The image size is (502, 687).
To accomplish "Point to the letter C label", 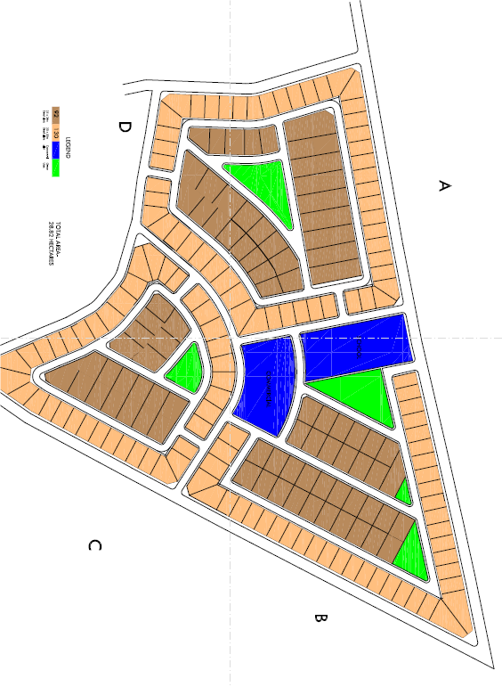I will pos(94,544).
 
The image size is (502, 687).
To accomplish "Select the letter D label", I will pos(124,127).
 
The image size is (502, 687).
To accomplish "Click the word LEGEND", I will pos(67,147).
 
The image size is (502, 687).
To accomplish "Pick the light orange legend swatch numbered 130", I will pos(55,133).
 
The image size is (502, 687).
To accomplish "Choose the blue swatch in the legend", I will pos(55,151).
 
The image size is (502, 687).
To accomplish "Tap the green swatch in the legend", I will pos(55,168).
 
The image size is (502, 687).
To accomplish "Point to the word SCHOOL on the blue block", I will pos(360,349).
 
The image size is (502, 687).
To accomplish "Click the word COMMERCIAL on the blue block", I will pos(268,388).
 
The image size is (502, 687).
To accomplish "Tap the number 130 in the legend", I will pos(55,133).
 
